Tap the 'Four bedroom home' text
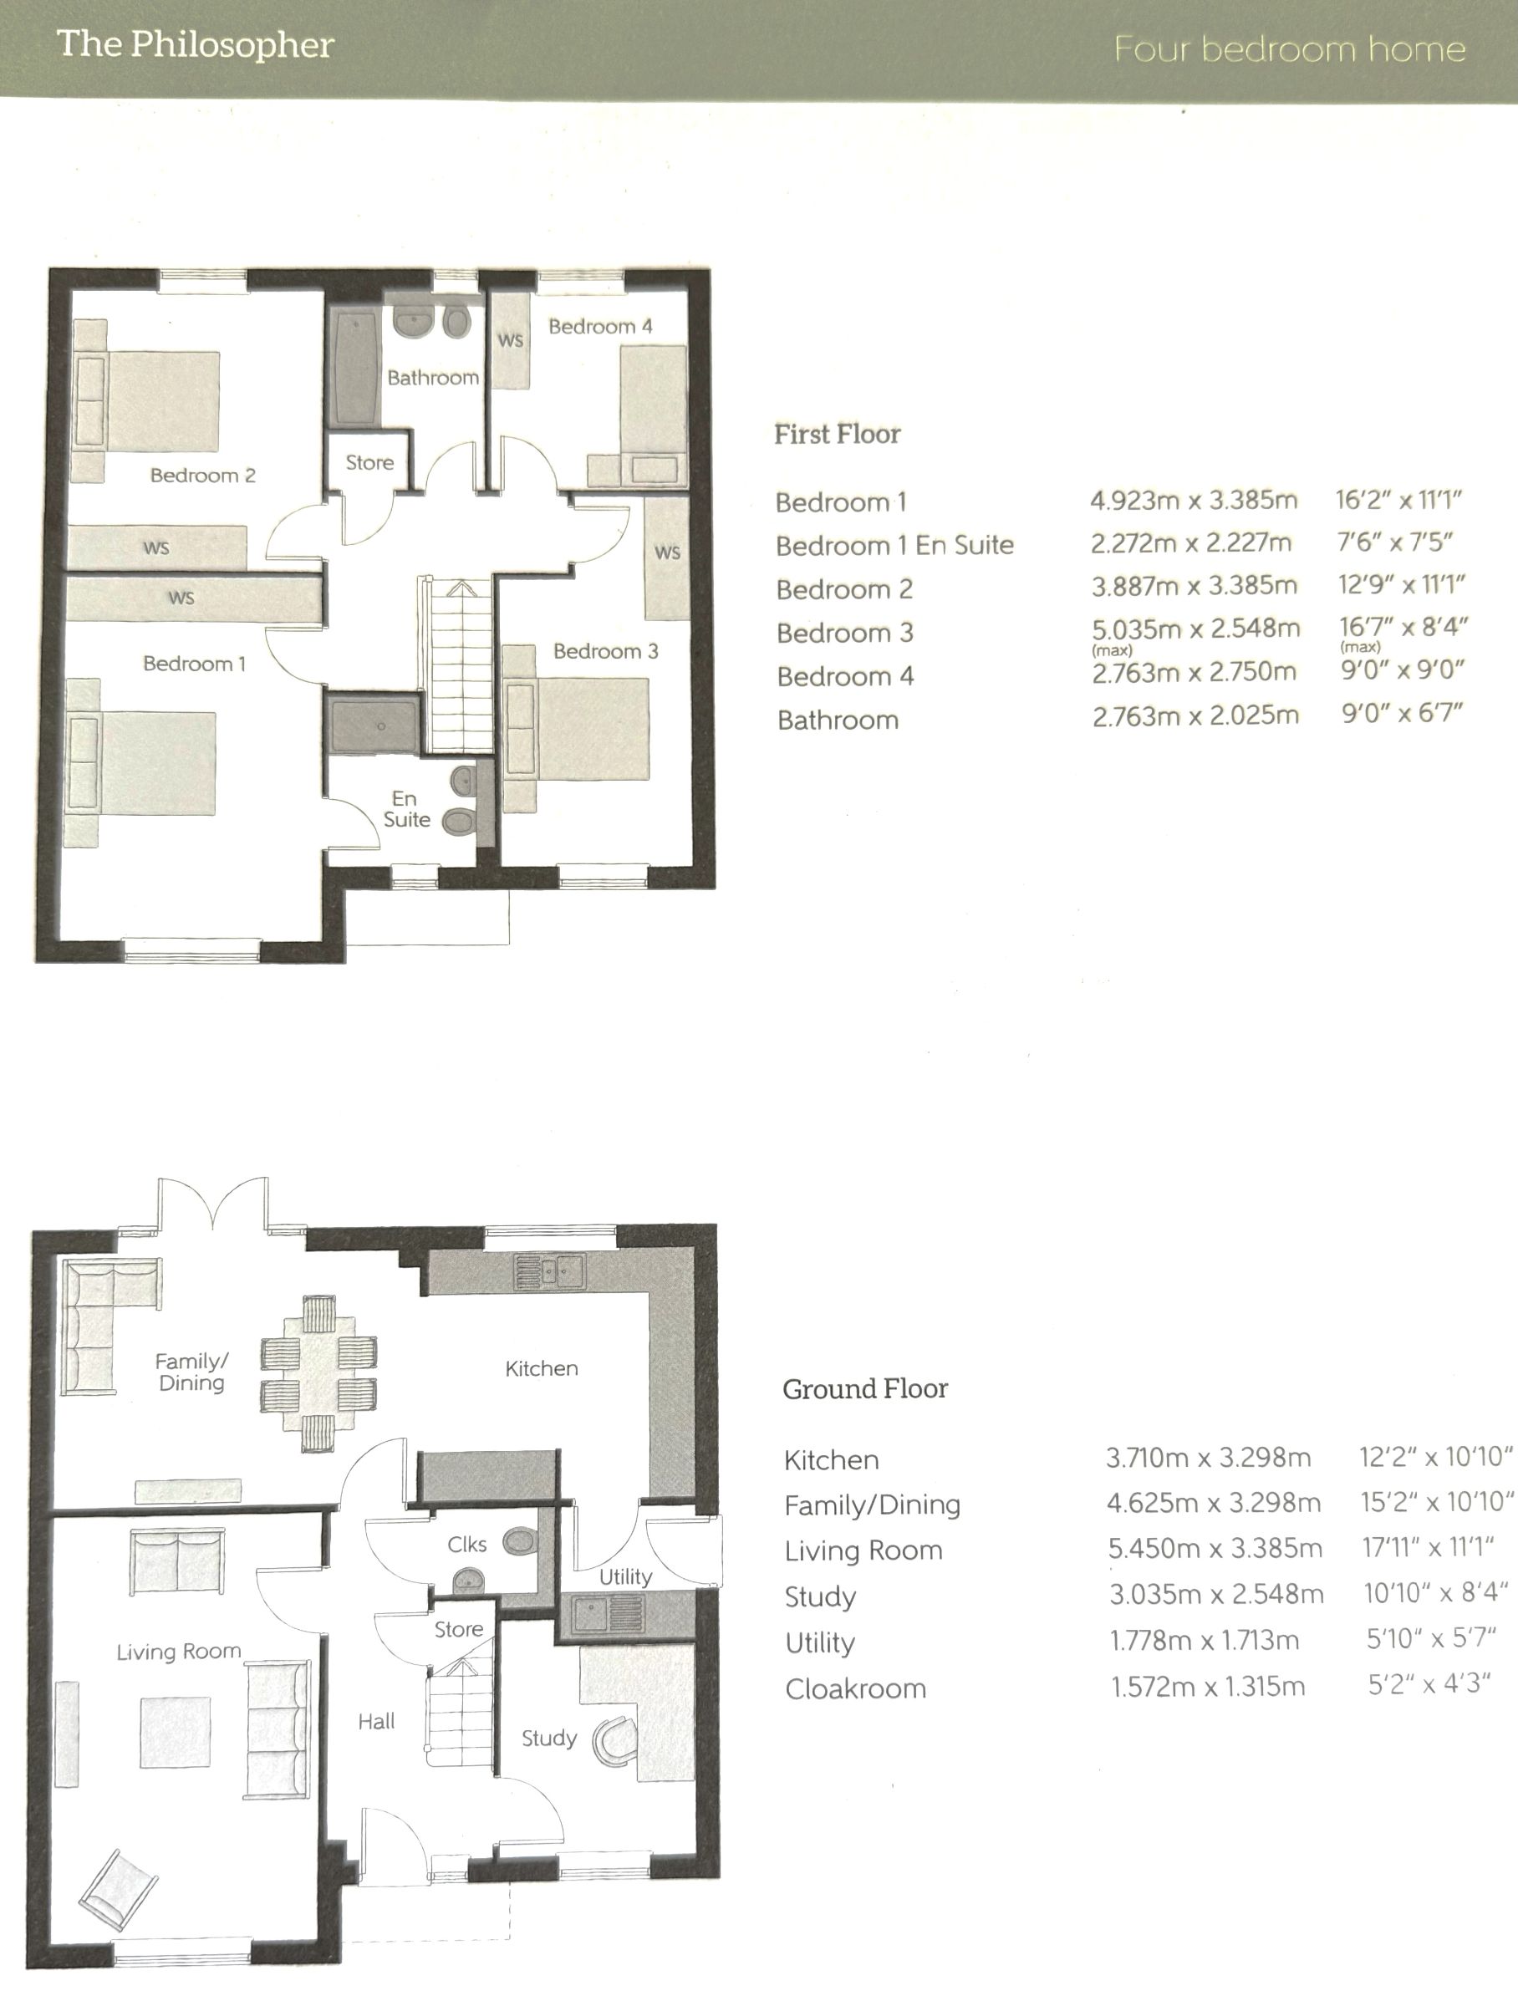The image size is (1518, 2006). [x=1290, y=49]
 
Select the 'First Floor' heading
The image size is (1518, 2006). [x=837, y=435]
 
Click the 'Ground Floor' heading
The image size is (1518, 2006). [x=865, y=1388]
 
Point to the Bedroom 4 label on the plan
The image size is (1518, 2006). [x=600, y=327]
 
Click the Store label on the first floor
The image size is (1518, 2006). [x=369, y=462]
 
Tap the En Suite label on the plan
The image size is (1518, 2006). [x=406, y=809]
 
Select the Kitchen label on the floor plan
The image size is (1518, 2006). [x=542, y=1367]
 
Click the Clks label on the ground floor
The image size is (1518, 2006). [x=467, y=1545]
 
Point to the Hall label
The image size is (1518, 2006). [x=376, y=1721]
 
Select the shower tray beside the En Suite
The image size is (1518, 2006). [x=374, y=725]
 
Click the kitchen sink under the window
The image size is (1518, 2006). [x=549, y=1271]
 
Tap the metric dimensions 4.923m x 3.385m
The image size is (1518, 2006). [x=1194, y=501]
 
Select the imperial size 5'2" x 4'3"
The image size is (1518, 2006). [x=1429, y=1684]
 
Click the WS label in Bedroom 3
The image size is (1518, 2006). [x=667, y=552]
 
